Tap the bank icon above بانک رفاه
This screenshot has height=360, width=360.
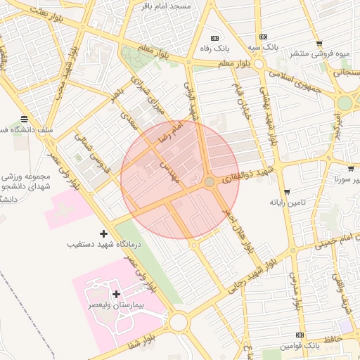click(214, 38)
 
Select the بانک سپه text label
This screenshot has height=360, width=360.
click(263, 48)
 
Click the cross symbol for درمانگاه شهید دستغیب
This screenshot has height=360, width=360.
click(104, 233)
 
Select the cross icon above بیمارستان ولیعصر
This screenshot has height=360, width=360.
click(116, 294)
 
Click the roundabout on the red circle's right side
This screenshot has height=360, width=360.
click(209, 183)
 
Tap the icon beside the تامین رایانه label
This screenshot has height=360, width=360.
click(287, 191)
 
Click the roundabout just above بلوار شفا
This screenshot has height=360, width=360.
click(178, 323)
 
